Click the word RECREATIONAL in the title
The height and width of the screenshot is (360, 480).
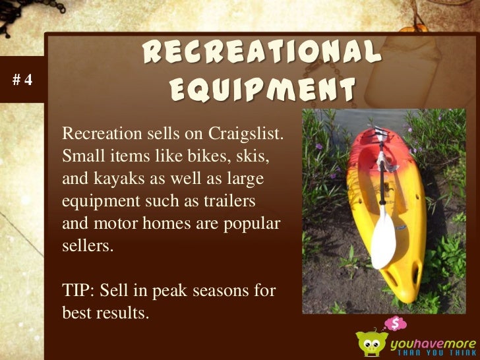pos(261,53)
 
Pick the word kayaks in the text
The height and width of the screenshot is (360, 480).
pos(111,179)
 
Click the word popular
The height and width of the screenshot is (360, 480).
pos(253,223)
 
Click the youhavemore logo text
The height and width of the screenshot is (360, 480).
pos(432,343)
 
